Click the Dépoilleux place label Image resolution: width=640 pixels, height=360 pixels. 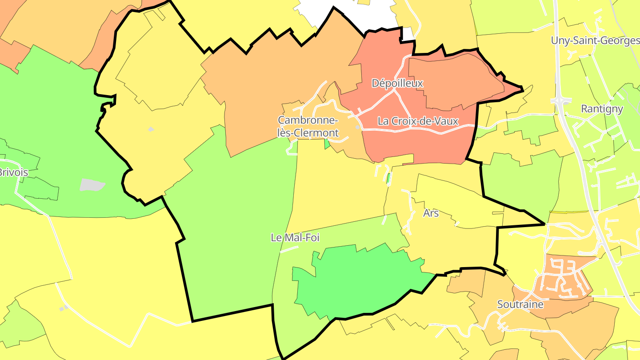397,83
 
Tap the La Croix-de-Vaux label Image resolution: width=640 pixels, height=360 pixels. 417,121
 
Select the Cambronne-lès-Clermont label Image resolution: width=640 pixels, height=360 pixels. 308,126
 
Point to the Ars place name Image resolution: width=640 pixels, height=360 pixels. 431,213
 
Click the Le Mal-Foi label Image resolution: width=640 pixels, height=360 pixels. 295,238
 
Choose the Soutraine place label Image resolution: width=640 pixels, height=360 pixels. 520,304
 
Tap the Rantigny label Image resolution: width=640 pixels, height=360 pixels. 602,109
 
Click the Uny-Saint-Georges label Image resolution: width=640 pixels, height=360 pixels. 595,40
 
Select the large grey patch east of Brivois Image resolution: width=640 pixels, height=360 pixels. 92,185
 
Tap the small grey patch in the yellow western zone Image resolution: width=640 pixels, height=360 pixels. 151,129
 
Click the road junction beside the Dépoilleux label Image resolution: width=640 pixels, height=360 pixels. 394,91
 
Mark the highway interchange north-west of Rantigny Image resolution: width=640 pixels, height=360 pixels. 561,101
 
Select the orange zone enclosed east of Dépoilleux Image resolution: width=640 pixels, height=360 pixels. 453,82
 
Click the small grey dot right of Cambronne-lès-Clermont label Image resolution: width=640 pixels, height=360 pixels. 357,127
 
